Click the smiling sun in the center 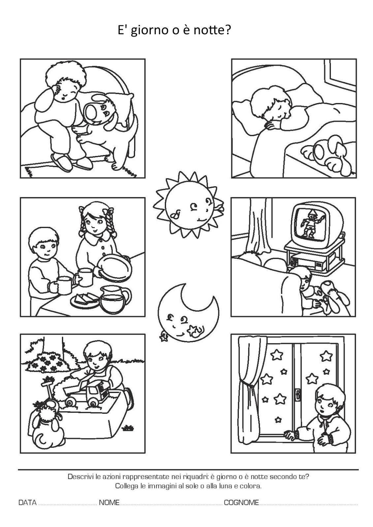pos(189,205)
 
